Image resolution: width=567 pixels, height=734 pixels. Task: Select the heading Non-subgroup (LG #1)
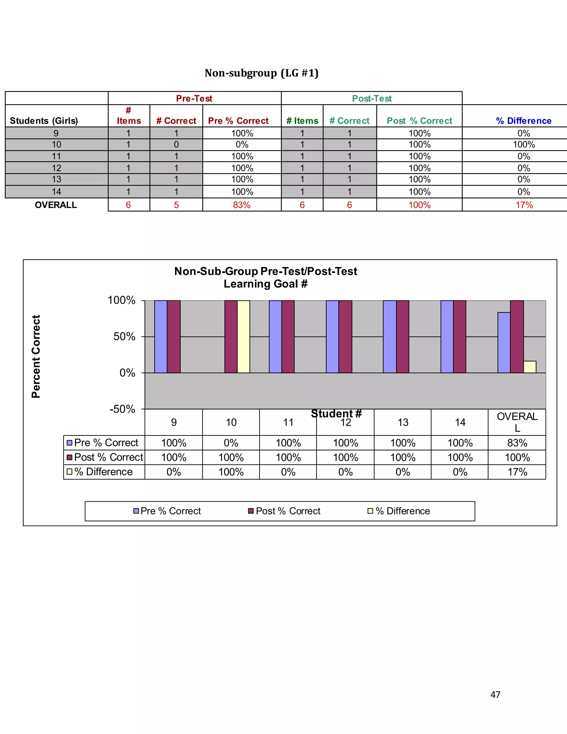261,73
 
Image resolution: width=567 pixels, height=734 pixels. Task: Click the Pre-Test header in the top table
194,99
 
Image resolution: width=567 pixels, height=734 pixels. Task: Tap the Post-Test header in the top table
372,99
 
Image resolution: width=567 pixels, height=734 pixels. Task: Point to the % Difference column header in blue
524,121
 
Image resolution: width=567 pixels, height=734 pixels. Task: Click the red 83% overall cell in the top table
242,205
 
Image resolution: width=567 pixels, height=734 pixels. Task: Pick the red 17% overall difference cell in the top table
524,205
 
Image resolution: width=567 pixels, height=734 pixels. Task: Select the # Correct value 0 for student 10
176,145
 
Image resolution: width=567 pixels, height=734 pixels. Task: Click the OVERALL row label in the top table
56,205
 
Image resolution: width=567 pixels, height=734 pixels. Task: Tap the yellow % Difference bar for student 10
244,337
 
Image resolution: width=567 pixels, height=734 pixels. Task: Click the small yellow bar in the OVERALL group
530,367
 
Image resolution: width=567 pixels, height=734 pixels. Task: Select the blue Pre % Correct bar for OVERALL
504,342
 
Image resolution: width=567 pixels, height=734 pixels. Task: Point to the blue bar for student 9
161,337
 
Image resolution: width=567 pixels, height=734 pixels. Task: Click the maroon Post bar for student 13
402,337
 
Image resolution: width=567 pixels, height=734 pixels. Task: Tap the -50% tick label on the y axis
122,409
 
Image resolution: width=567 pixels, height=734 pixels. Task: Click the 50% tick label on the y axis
124,337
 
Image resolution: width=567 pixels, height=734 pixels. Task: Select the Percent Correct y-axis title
36,356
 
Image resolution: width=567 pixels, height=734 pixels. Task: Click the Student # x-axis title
336,413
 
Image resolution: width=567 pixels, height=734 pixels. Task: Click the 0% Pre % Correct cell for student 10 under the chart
231,443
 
